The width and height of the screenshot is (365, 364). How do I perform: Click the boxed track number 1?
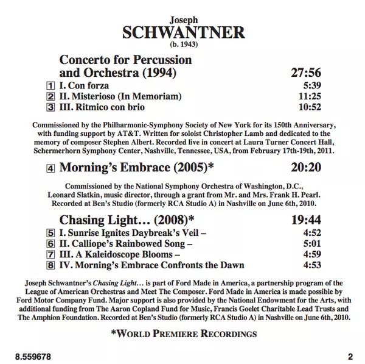coord(50,86)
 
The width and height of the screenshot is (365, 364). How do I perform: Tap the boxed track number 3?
coord(50,107)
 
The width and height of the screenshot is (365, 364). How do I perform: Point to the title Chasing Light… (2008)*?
coord(127,219)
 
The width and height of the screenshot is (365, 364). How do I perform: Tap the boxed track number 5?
coord(50,233)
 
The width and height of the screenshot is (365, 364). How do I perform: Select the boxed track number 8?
coord(50,265)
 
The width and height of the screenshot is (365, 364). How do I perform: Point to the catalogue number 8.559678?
coord(33,355)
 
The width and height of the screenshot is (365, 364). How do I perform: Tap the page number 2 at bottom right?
coord(350,355)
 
